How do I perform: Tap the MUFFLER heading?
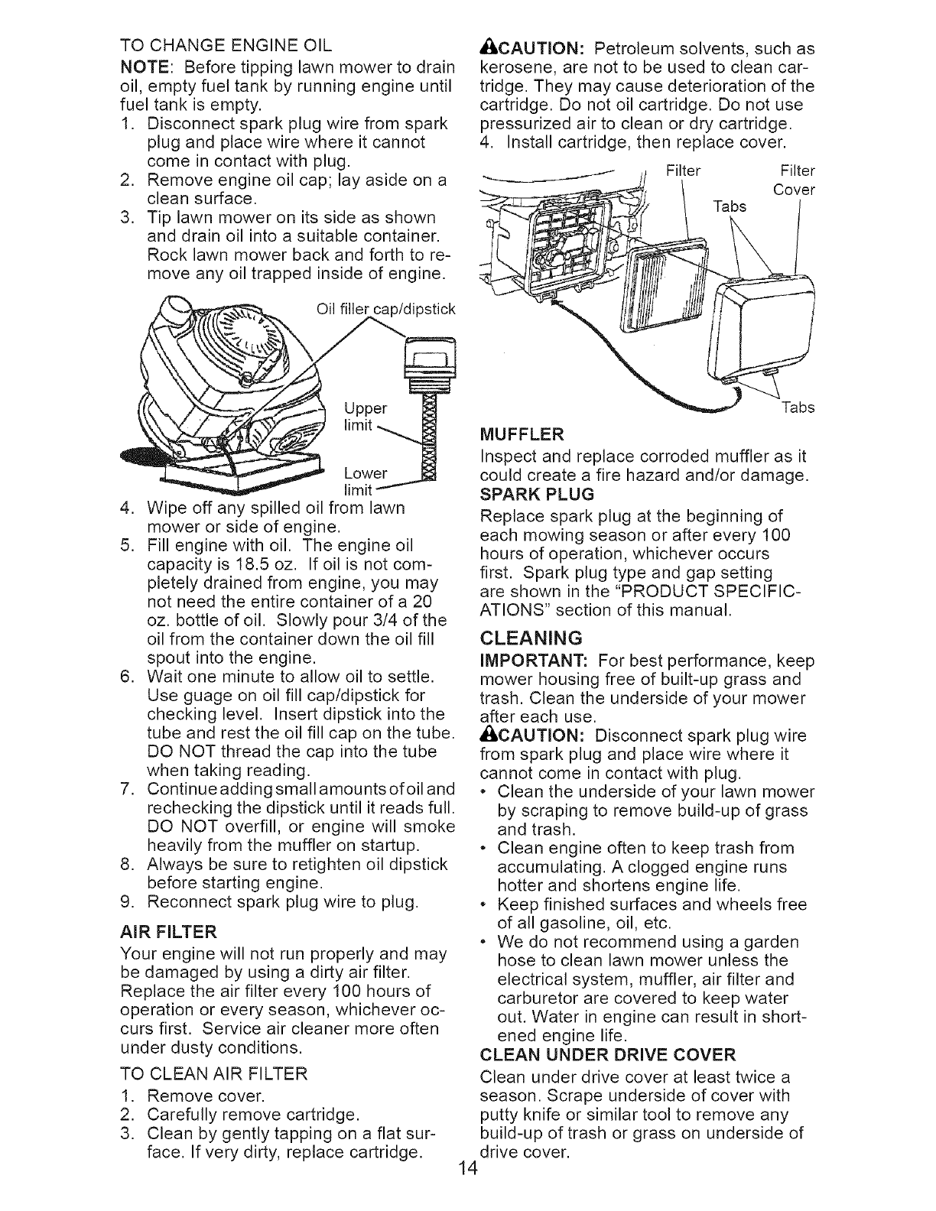click(521, 436)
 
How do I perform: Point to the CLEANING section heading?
click(531, 638)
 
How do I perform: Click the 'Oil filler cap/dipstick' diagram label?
click(385, 310)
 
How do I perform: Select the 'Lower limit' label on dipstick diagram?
click(365, 480)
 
